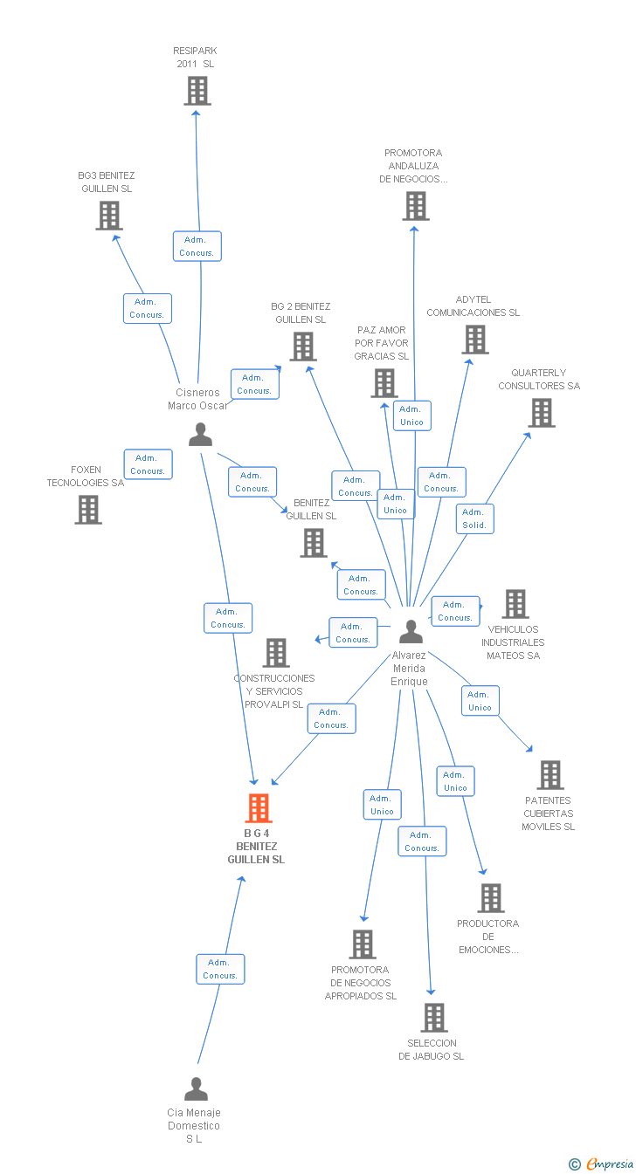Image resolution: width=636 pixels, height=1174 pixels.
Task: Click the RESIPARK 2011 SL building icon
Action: click(197, 91)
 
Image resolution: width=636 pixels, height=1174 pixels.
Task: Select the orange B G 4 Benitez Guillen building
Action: click(259, 808)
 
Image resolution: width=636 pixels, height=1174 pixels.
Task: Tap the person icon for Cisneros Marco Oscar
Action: click(201, 435)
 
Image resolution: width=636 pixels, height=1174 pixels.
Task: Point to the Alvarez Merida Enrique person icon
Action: click(411, 632)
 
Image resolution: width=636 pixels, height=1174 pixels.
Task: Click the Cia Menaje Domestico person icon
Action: click(197, 1089)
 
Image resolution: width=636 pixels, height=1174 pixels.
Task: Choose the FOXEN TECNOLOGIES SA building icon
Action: click(88, 510)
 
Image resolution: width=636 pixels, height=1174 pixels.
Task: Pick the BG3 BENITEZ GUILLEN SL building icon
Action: click(109, 216)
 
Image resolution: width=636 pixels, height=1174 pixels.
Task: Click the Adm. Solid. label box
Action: click(474, 518)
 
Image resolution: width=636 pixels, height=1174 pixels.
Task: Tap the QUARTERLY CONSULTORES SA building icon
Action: click(542, 413)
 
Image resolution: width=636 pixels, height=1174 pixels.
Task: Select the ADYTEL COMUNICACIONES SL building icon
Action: click(475, 340)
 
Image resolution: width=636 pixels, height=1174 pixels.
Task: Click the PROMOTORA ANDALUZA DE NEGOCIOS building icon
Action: click(416, 206)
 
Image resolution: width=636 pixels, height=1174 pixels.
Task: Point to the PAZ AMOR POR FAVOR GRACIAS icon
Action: click(384, 383)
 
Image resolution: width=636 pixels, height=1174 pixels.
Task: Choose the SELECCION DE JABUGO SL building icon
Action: click(434, 1018)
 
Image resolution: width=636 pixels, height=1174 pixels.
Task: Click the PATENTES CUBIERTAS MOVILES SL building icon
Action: click(550, 775)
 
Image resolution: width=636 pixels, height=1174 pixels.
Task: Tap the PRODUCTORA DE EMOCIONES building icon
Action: click(491, 898)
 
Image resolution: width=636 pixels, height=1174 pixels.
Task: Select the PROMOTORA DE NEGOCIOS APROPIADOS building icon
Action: click(363, 944)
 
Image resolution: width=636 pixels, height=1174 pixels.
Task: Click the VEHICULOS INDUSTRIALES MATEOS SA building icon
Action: click(515, 604)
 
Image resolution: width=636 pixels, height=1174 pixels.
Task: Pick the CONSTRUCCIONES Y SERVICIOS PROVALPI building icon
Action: click(276, 653)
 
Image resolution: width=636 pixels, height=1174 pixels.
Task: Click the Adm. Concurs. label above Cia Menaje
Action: click(220, 969)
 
